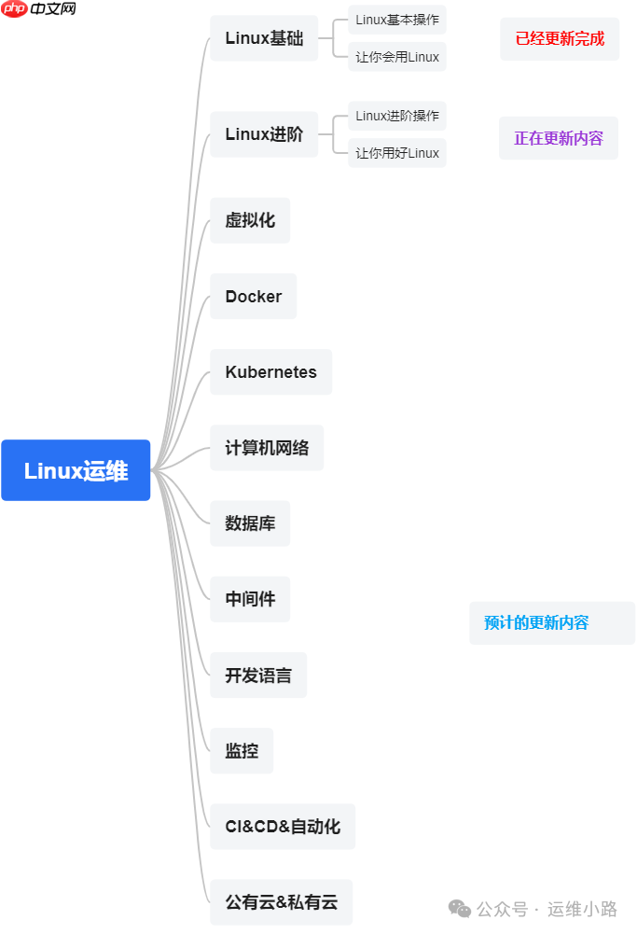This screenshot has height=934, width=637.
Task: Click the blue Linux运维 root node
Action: pyautogui.click(x=76, y=470)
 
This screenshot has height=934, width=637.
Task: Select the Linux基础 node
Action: pyautogui.click(x=264, y=38)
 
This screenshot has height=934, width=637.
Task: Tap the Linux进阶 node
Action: pyautogui.click(x=264, y=134)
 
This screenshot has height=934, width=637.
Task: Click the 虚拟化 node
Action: pyautogui.click(x=250, y=220)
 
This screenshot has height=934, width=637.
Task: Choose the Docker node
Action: pyautogui.click(x=253, y=296)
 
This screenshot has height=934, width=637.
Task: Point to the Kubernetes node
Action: pyautogui.click(x=270, y=371)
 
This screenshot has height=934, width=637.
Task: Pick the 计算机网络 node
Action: pyautogui.click(x=267, y=447)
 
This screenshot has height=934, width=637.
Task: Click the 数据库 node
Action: pyautogui.click(x=250, y=523)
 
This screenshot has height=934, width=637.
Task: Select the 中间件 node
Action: pyautogui.click(x=250, y=598)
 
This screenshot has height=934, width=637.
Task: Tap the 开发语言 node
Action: pyautogui.click(x=258, y=675)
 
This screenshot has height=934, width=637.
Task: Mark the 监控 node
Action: pyautogui.click(x=242, y=750)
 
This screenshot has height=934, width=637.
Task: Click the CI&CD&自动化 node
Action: pyautogui.click(x=283, y=826)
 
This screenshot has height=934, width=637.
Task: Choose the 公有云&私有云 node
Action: pyautogui.click(x=281, y=901)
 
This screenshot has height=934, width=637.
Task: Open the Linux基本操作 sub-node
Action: pyautogui.click(x=397, y=20)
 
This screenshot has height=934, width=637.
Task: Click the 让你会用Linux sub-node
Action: pyautogui.click(x=397, y=57)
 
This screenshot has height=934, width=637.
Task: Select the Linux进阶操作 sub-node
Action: pyautogui.click(x=397, y=117)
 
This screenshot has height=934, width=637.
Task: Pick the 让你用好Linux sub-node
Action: pyautogui.click(x=397, y=153)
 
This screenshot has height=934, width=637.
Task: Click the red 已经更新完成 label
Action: pyautogui.click(x=560, y=39)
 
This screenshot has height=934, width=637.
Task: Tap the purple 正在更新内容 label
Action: pyautogui.click(x=559, y=138)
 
